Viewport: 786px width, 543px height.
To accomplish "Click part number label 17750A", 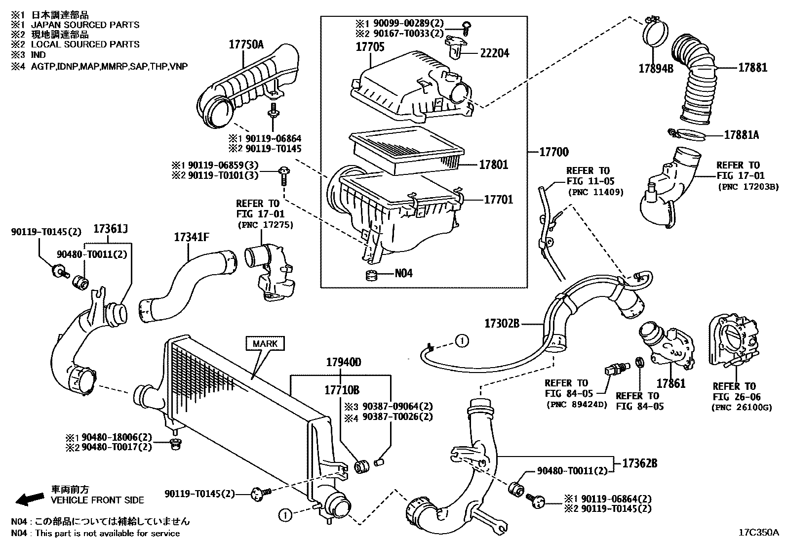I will pos(246,45).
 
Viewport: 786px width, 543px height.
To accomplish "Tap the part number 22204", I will pos(494,53).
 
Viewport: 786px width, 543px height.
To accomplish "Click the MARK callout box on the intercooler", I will pos(265,343).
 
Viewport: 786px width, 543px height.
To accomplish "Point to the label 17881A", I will pos(741,134).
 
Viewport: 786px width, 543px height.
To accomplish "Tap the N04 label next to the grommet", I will pos(403,274).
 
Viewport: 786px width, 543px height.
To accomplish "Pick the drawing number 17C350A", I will pos(758,533).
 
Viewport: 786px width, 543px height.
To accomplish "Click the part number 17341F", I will pos(191,237).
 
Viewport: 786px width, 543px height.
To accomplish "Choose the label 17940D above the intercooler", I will pos(343,362).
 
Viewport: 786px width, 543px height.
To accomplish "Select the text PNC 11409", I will pos(595,192).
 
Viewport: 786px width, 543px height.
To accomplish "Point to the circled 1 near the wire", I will pos(461,340).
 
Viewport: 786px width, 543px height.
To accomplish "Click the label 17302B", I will pos(502,324).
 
